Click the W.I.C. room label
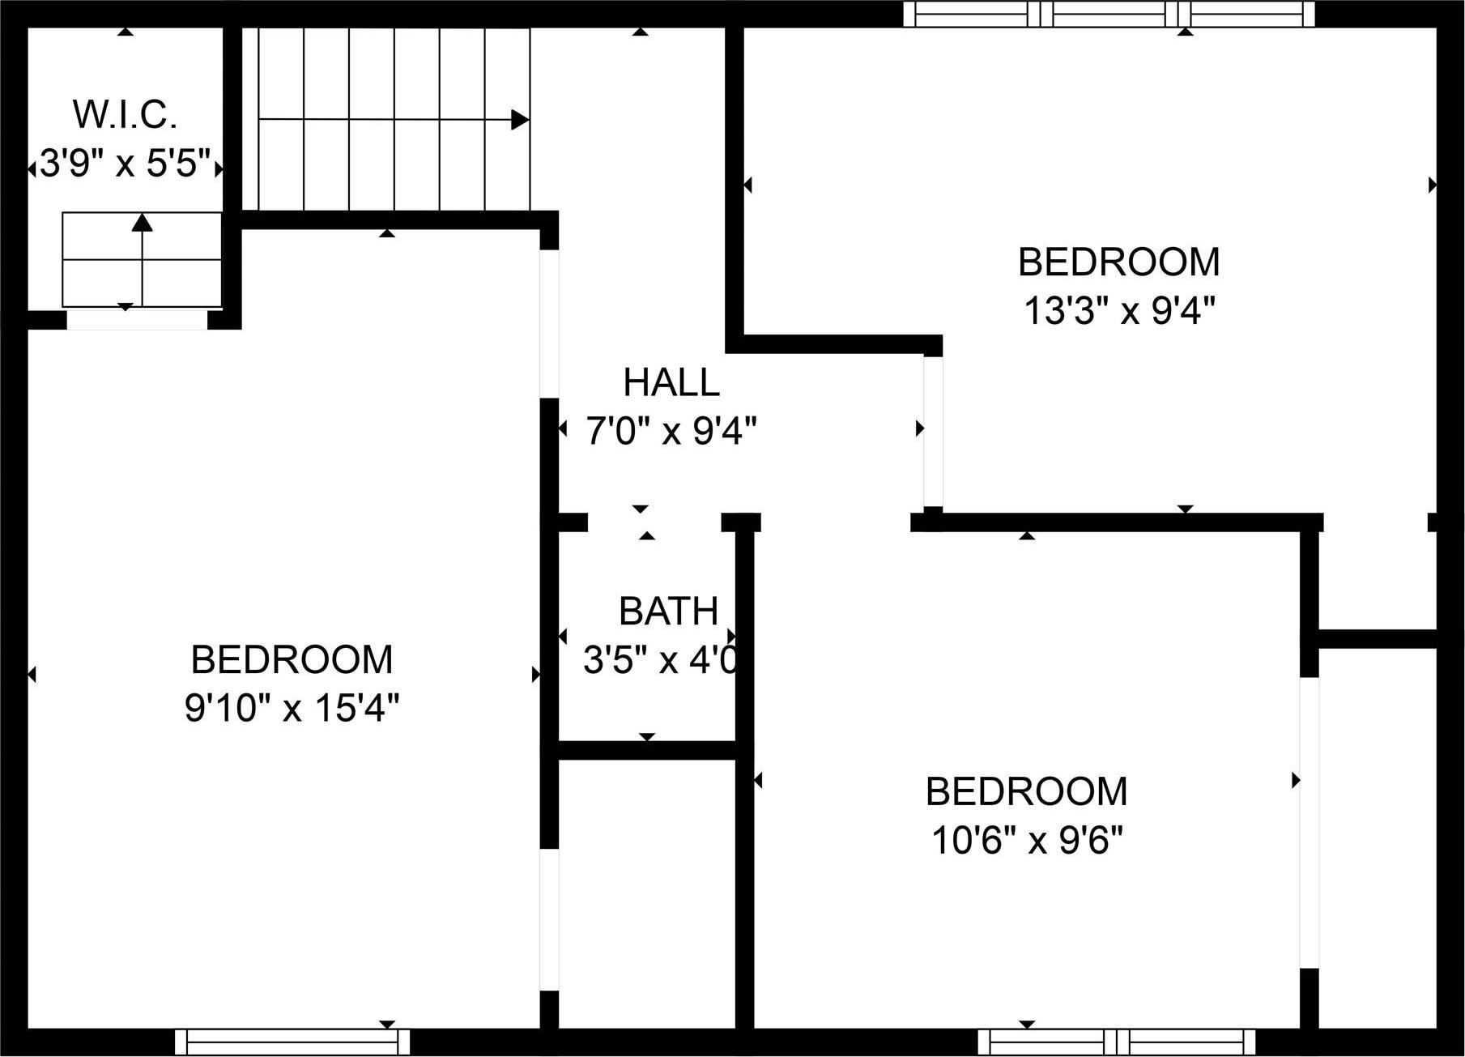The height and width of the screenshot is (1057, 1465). click(126, 115)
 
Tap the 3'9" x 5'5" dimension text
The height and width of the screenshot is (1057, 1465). click(126, 165)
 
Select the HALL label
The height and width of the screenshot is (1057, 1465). click(671, 382)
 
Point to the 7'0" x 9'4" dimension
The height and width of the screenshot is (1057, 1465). click(671, 431)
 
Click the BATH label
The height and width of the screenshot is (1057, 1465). click(668, 612)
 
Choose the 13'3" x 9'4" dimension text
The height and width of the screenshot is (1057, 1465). click(1120, 310)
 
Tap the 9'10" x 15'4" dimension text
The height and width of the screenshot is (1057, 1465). click(292, 710)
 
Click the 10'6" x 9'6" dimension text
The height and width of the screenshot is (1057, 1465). click(1027, 841)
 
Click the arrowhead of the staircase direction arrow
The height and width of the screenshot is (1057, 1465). click(520, 120)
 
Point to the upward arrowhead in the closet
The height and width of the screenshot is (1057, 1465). click(143, 222)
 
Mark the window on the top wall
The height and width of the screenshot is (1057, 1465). click(1109, 14)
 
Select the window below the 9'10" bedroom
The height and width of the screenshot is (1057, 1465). click(292, 1042)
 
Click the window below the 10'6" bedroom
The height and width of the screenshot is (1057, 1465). click(1116, 1042)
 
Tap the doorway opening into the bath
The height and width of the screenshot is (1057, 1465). click(654, 522)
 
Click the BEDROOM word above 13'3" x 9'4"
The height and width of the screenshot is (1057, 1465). click(1118, 262)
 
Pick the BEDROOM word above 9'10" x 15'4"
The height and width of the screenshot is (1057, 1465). click(292, 660)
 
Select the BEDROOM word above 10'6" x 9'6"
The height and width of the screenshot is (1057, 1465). click(1027, 791)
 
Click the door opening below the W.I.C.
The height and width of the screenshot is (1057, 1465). click(137, 321)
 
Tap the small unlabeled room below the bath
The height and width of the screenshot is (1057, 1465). click(646, 891)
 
